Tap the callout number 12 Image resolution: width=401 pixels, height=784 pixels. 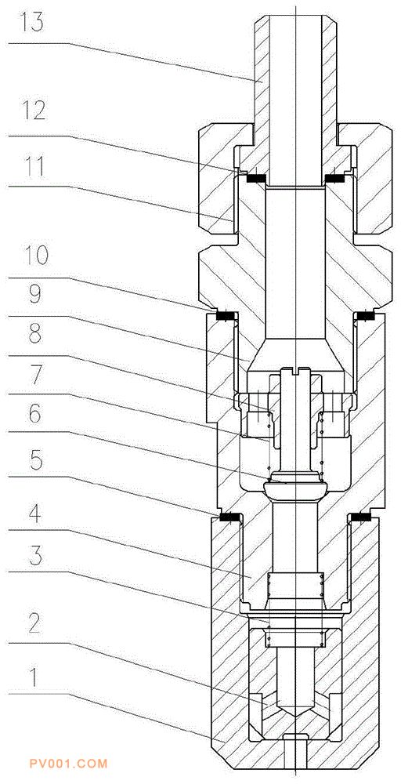(x=32, y=111)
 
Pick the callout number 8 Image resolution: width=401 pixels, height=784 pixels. (x=34, y=335)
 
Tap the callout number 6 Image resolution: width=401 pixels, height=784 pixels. (x=34, y=415)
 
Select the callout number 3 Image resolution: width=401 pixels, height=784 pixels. (x=34, y=557)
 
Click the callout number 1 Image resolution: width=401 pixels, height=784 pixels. (x=33, y=678)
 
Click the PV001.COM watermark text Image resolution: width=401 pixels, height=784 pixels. (x=68, y=764)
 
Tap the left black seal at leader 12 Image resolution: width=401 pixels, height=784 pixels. (x=257, y=176)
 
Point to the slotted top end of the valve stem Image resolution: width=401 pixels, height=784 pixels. (x=296, y=372)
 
